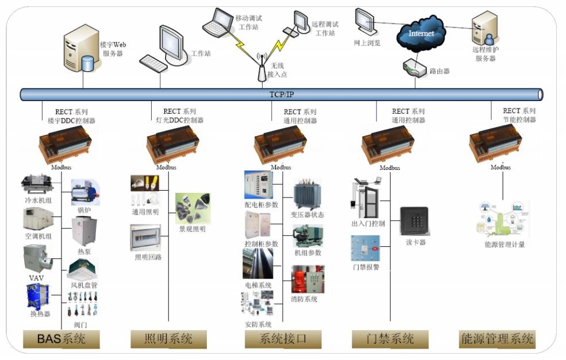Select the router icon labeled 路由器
tap(415, 68)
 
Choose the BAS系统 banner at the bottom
tap(61, 339)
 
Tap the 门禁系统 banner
tap(390, 339)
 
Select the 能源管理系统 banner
tap(498, 339)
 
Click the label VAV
tap(36, 278)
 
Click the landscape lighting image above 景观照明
tap(192, 208)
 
